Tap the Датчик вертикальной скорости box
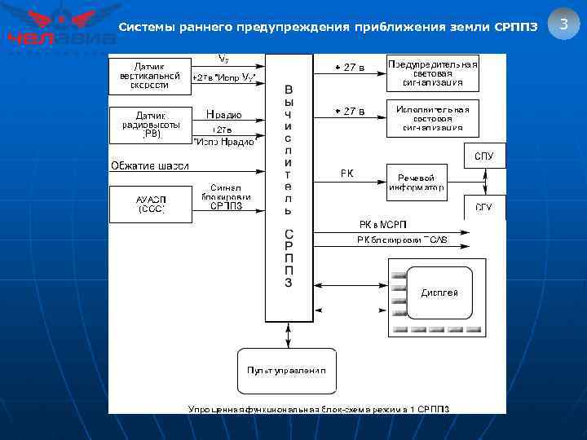click(x=149, y=75)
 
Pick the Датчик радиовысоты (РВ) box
click(x=149, y=125)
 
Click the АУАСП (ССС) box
click(x=149, y=204)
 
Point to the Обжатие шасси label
click(x=150, y=166)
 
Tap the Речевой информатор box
click(x=416, y=183)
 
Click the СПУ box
click(x=483, y=156)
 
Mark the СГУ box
click(x=483, y=208)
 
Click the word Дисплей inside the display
click(x=439, y=293)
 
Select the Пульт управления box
click(x=286, y=370)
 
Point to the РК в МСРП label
click(x=382, y=224)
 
